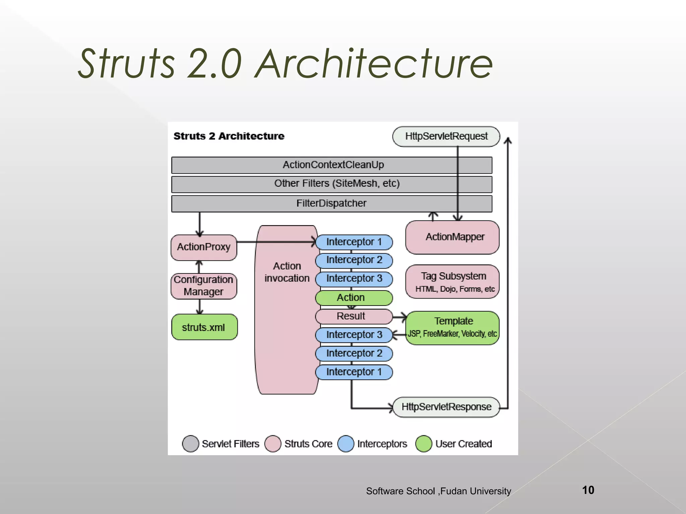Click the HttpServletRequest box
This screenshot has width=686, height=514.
point(446,137)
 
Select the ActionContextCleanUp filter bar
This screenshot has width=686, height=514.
point(332,165)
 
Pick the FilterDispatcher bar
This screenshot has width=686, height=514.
point(332,203)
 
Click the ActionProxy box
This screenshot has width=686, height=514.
point(204,247)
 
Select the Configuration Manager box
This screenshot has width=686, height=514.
point(204,286)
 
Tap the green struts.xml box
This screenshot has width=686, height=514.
point(204,327)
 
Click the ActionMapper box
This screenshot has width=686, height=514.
point(452,237)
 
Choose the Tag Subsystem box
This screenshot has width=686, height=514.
point(452,281)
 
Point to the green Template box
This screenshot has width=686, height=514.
point(452,328)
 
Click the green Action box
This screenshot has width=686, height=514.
point(354,298)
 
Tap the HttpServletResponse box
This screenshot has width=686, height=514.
point(446,407)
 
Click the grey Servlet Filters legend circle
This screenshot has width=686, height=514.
point(191,444)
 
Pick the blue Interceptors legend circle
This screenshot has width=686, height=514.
point(346,444)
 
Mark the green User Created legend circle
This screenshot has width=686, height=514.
point(424,444)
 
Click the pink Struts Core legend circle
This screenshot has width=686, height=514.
point(273,444)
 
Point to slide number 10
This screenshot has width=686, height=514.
point(588,490)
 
